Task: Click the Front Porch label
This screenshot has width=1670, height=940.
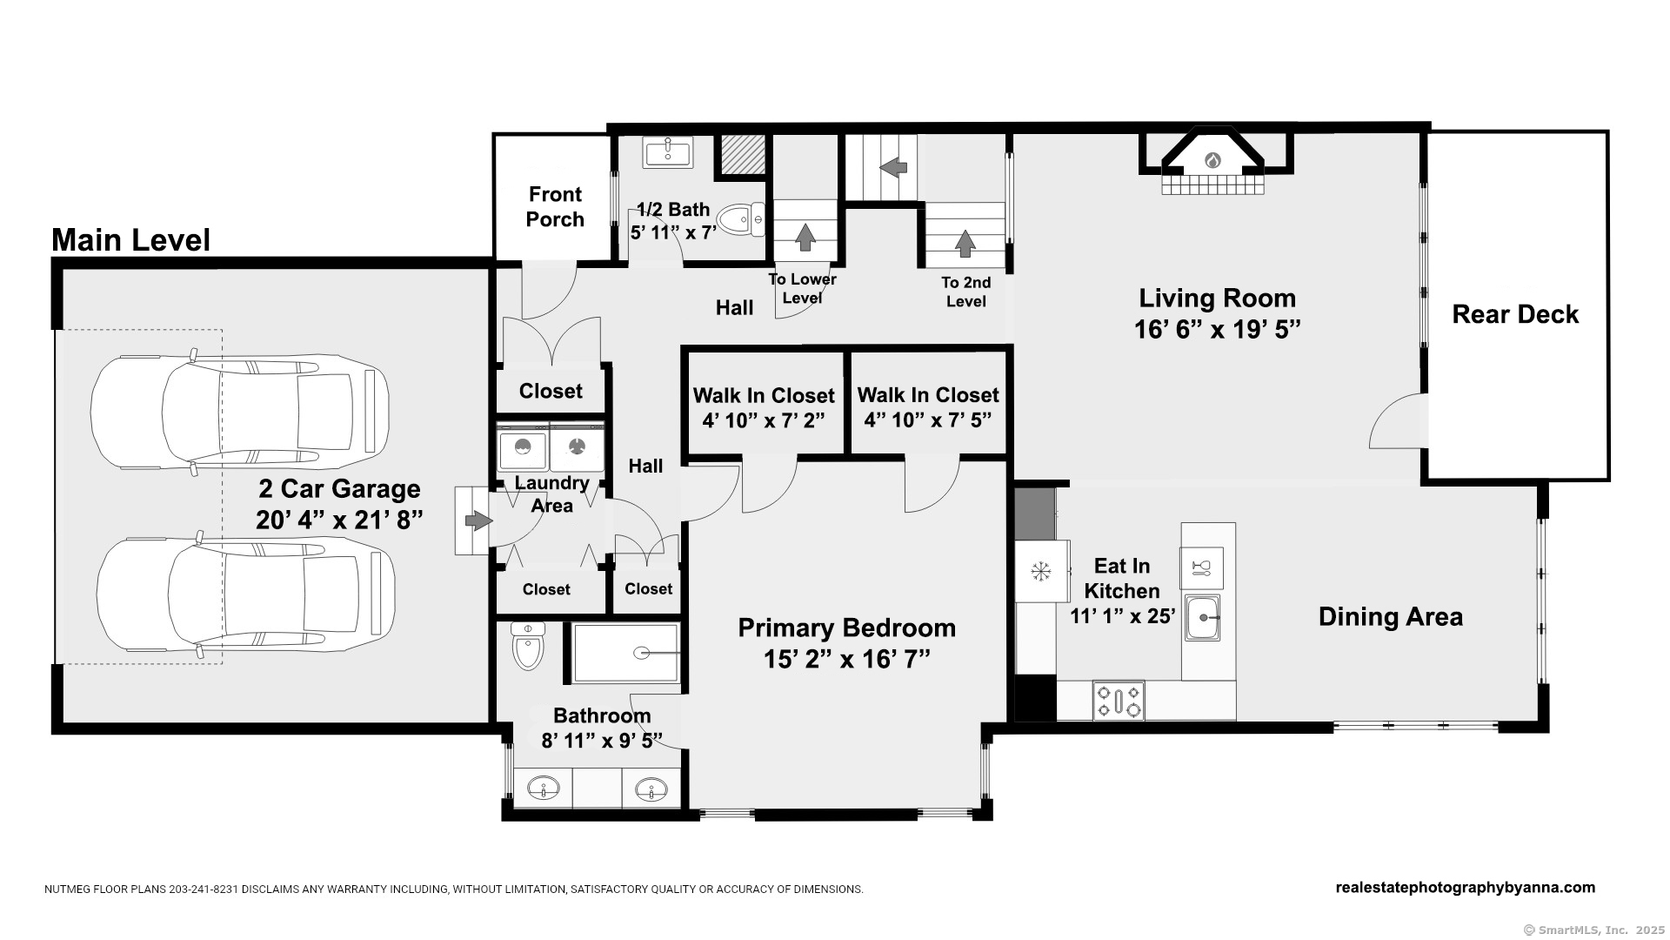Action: click(555, 207)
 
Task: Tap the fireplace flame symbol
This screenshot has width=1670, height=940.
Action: click(1213, 160)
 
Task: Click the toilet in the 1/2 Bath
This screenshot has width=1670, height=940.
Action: click(743, 219)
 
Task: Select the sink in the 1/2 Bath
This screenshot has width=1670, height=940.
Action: click(667, 152)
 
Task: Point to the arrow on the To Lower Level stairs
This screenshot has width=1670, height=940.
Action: click(805, 237)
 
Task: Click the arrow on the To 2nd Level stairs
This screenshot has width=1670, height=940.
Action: click(965, 243)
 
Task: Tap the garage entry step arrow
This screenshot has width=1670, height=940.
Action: click(478, 520)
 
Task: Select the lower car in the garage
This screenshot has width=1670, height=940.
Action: click(246, 594)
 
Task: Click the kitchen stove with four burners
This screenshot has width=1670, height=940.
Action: click(1119, 701)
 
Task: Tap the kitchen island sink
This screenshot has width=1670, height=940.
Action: click(1202, 617)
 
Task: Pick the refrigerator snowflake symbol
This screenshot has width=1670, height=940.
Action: click(1039, 572)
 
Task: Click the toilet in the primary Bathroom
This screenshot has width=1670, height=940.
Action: click(528, 646)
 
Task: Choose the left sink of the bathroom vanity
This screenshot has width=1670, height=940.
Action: click(543, 789)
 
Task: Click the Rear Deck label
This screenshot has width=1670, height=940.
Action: click(1515, 314)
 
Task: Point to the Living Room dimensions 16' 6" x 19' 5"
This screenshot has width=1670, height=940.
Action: click(1217, 330)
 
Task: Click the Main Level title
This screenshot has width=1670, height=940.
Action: click(131, 240)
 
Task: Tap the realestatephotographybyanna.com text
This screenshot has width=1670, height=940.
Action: click(1466, 888)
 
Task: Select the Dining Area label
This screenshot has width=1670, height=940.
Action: click(1390, 617)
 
